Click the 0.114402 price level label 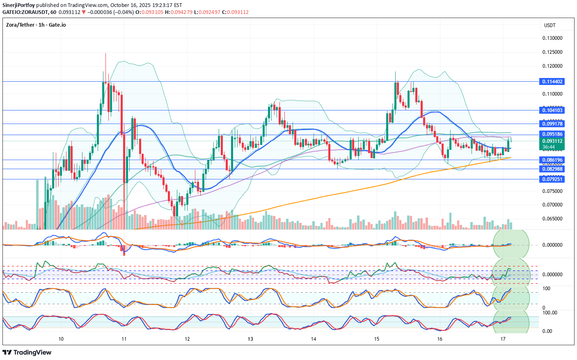(552, 82)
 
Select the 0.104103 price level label (552, 110)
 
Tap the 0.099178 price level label (552, 124)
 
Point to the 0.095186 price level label (552, 134)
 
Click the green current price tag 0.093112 (552, 141)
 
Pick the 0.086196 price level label (552, 160)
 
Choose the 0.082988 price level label (552, 169)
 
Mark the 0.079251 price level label (552, 179)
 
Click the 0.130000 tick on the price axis (552, 38)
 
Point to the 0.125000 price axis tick (552, 52)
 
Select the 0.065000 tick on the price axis (552, 219)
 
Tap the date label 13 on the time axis (250, 339)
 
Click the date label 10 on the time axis (61, 339)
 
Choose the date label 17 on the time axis (503, 339)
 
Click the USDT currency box (556, 25)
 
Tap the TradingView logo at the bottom (27, 352)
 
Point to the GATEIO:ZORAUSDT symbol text (25, 12)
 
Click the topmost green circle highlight (511, 245)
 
